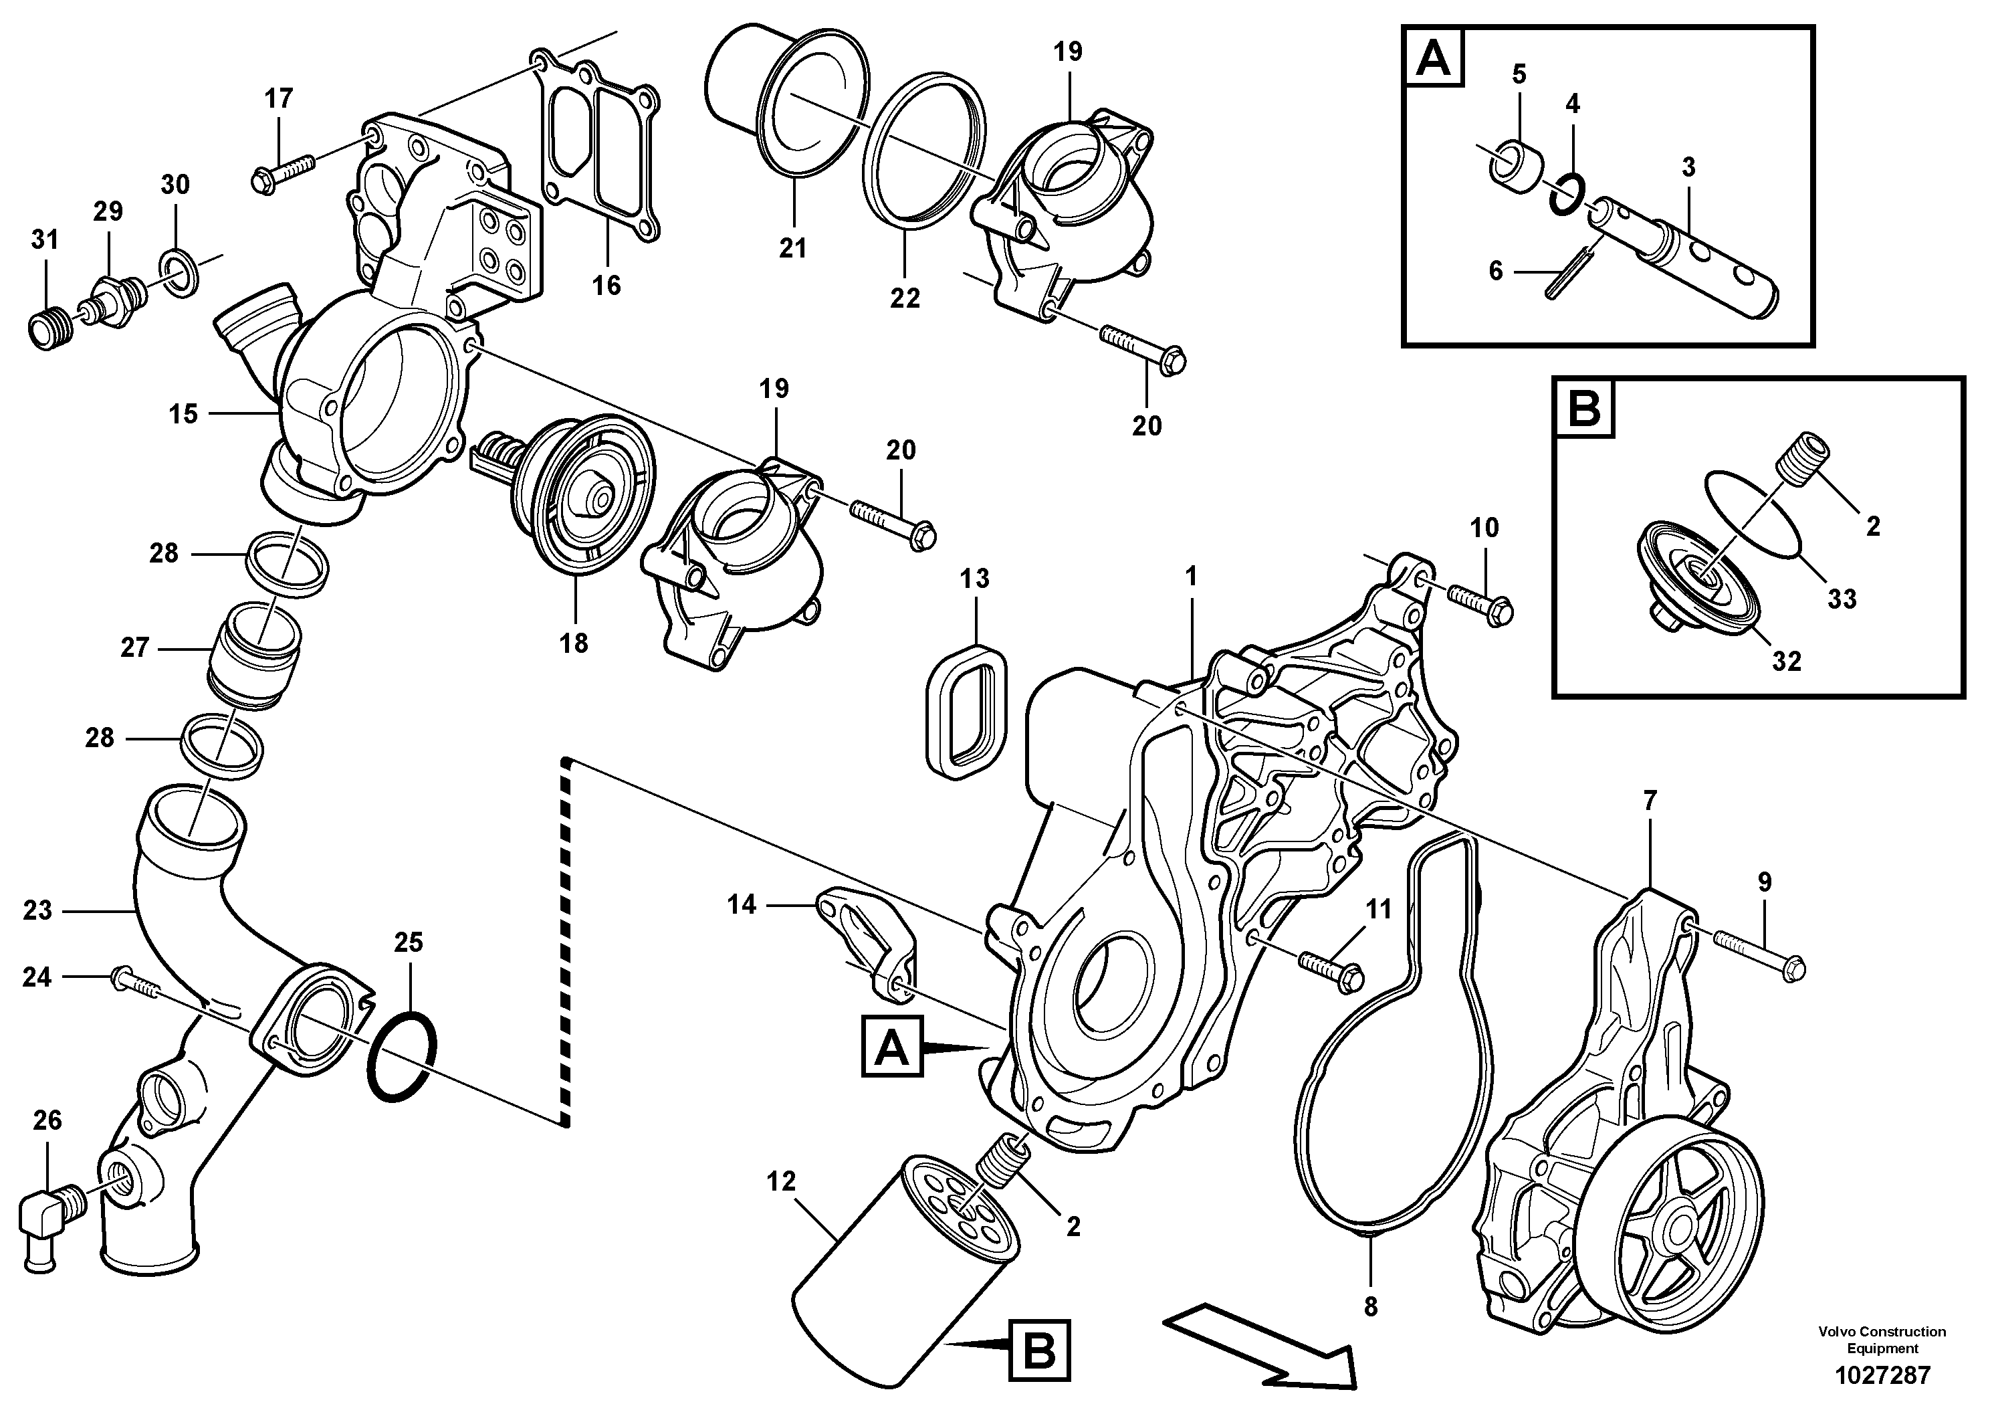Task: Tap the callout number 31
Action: (x=44, y=240)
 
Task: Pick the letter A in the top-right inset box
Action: (x=1433, y=59)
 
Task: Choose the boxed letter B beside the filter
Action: (x=1039, y=1348)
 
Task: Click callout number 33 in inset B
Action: (x=1842, y=599)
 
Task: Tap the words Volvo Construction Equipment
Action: (x=1882, y=1339)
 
